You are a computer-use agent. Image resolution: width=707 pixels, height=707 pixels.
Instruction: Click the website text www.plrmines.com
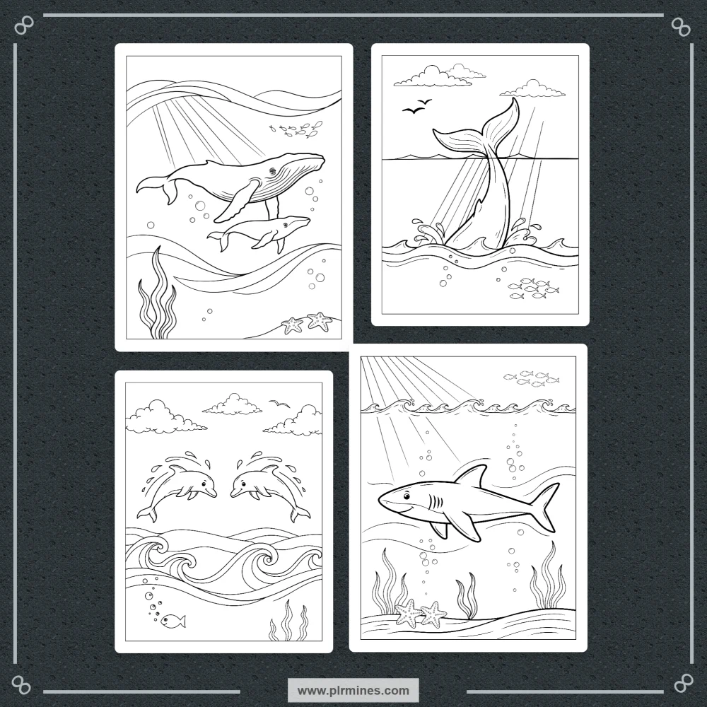[x=353, y=690]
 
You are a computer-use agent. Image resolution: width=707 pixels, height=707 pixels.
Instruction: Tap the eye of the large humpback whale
[x=272, y=171]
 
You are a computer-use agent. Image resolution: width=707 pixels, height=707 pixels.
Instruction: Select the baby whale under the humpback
[x=259, y=233]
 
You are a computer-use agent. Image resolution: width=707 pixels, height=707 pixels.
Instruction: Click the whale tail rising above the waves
[x=482, y=171]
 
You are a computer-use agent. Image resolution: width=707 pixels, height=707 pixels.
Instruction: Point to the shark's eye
[x=407, y=497]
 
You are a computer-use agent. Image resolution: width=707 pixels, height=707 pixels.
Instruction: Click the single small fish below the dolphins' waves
[x=173, y=621]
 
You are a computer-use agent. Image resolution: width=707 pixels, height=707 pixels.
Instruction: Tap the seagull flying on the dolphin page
[x=279, y=403]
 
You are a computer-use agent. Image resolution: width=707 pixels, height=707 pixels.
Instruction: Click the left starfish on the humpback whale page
[x=293, y=325]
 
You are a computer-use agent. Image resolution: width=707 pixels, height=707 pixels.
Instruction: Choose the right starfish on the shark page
[x=434, y=614]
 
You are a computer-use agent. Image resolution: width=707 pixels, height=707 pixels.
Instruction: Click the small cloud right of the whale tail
[x=532, y=89]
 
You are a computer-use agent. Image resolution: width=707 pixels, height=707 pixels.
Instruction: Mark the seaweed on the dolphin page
[x=289, y=621]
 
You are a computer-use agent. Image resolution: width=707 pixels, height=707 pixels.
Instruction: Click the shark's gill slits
[x=436, y=501]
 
